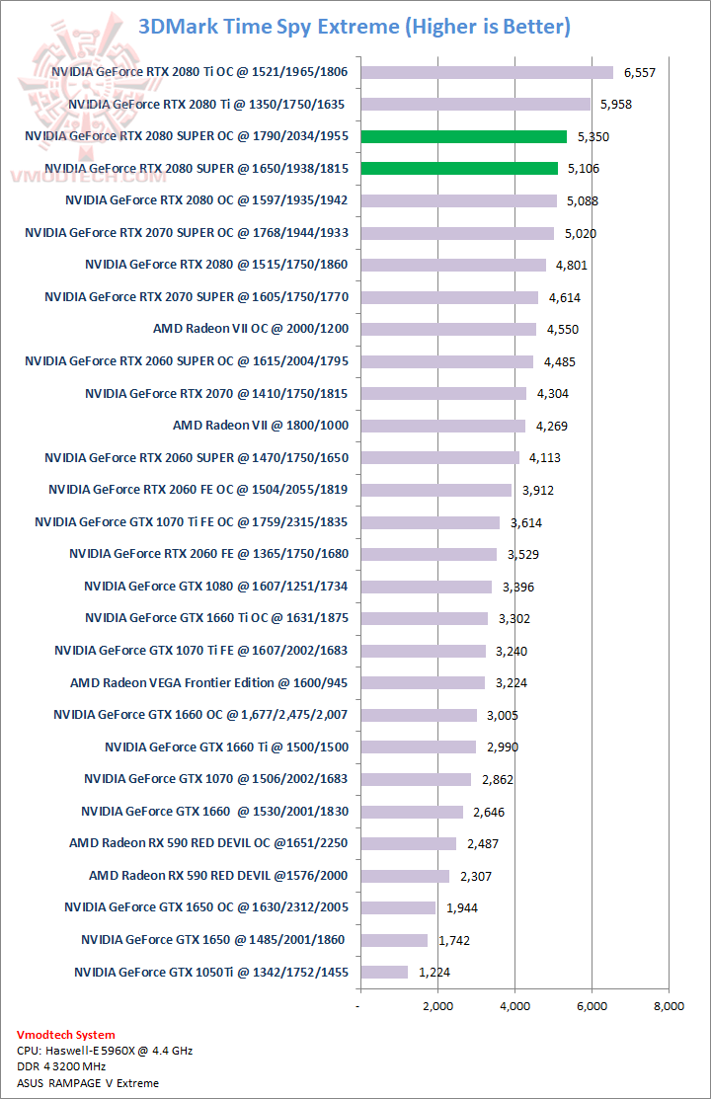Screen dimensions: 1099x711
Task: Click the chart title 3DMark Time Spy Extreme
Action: [355, 26]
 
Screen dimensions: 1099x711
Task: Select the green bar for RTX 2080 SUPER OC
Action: [463, 136]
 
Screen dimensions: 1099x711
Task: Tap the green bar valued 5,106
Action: [459, 168]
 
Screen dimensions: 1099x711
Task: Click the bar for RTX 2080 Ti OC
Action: [487, 72]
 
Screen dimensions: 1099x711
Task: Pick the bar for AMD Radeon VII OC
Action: [448, 329]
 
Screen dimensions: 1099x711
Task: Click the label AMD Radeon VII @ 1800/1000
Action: [260, 426]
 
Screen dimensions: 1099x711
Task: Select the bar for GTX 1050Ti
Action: [384, 972]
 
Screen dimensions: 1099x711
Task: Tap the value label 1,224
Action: [434, 973]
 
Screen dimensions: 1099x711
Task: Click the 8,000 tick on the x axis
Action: [669, 1006]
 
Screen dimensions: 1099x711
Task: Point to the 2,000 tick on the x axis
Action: [437, 1006]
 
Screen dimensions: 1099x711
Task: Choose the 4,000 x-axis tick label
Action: [514, 1006]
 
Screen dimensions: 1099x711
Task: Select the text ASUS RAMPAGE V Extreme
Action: [88, 1083]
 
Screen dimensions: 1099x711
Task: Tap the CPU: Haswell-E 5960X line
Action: [105, 1051]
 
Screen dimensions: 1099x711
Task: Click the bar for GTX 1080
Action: [426, 587]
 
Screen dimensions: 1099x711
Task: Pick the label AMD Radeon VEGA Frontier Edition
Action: [210, 682]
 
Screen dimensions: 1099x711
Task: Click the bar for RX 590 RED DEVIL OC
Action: [408, 843]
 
